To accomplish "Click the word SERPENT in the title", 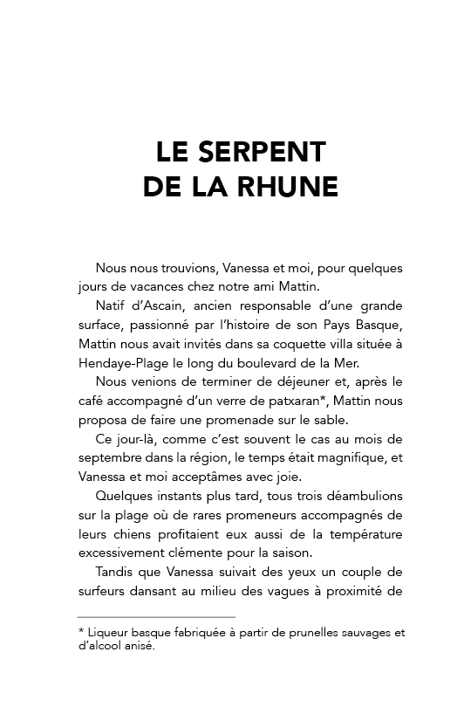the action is coord(262,152).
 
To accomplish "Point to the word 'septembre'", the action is coord(107,459).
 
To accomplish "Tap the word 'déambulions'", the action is coord(356,498).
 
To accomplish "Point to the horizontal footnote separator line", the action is coord(156,618).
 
